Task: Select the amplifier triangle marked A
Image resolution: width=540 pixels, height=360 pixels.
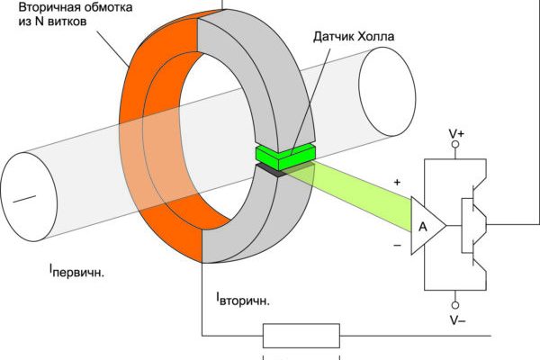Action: (x=427, y=219)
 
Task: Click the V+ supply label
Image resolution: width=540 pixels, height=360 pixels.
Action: (x=456, y=134)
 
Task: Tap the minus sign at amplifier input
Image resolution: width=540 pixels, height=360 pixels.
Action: (x=396, y=245)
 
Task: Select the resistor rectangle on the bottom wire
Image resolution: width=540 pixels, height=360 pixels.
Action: (x=301, y=337)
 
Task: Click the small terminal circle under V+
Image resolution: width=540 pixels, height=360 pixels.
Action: (x=456, y=148)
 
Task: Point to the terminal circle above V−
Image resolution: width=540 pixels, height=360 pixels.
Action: (x=456, y=303)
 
